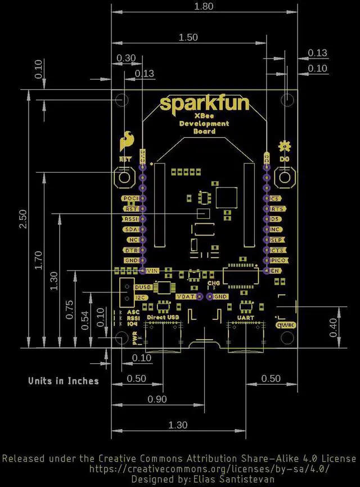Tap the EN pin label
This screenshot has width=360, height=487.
coord(275,270)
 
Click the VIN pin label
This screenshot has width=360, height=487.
coord(152,270)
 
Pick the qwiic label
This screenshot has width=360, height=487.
coord(285,325)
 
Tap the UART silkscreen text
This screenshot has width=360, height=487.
coord(246,318)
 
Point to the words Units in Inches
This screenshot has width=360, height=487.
coord(64,381)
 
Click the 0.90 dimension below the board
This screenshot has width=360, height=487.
coord(158,399)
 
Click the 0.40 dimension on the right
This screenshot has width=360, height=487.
coord(334,326)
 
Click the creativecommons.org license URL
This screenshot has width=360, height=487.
coord(209,468)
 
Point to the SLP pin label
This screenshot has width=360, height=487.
coord(275,240)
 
